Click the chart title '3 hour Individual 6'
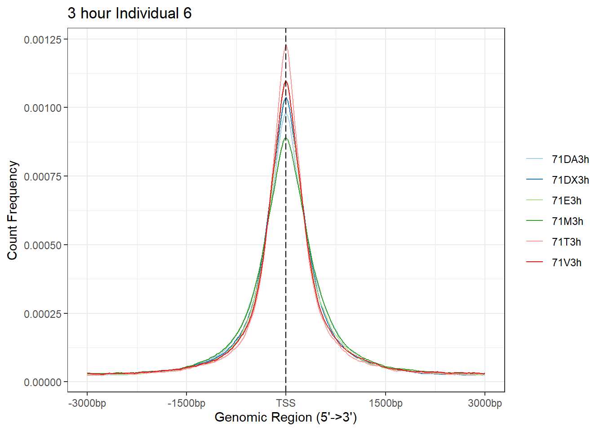click(129, 13)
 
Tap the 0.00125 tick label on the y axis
click(43, 40)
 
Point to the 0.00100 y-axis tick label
click(43, 108)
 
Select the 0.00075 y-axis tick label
click(43, 177)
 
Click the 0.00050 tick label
click(43, 246)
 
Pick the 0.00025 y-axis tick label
click(43, 314)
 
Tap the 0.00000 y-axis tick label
click(43, 382)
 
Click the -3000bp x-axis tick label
click(87, 403)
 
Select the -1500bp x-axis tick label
click(187, 403)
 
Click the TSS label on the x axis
click(286, 403)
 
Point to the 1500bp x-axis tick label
click(386, 403)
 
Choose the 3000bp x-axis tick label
click(485, 403)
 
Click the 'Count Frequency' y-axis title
click(13, 210)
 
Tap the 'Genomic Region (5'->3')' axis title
click(286, 417)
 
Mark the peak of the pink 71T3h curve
click(286, 45)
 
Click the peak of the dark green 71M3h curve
click(286, 138)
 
